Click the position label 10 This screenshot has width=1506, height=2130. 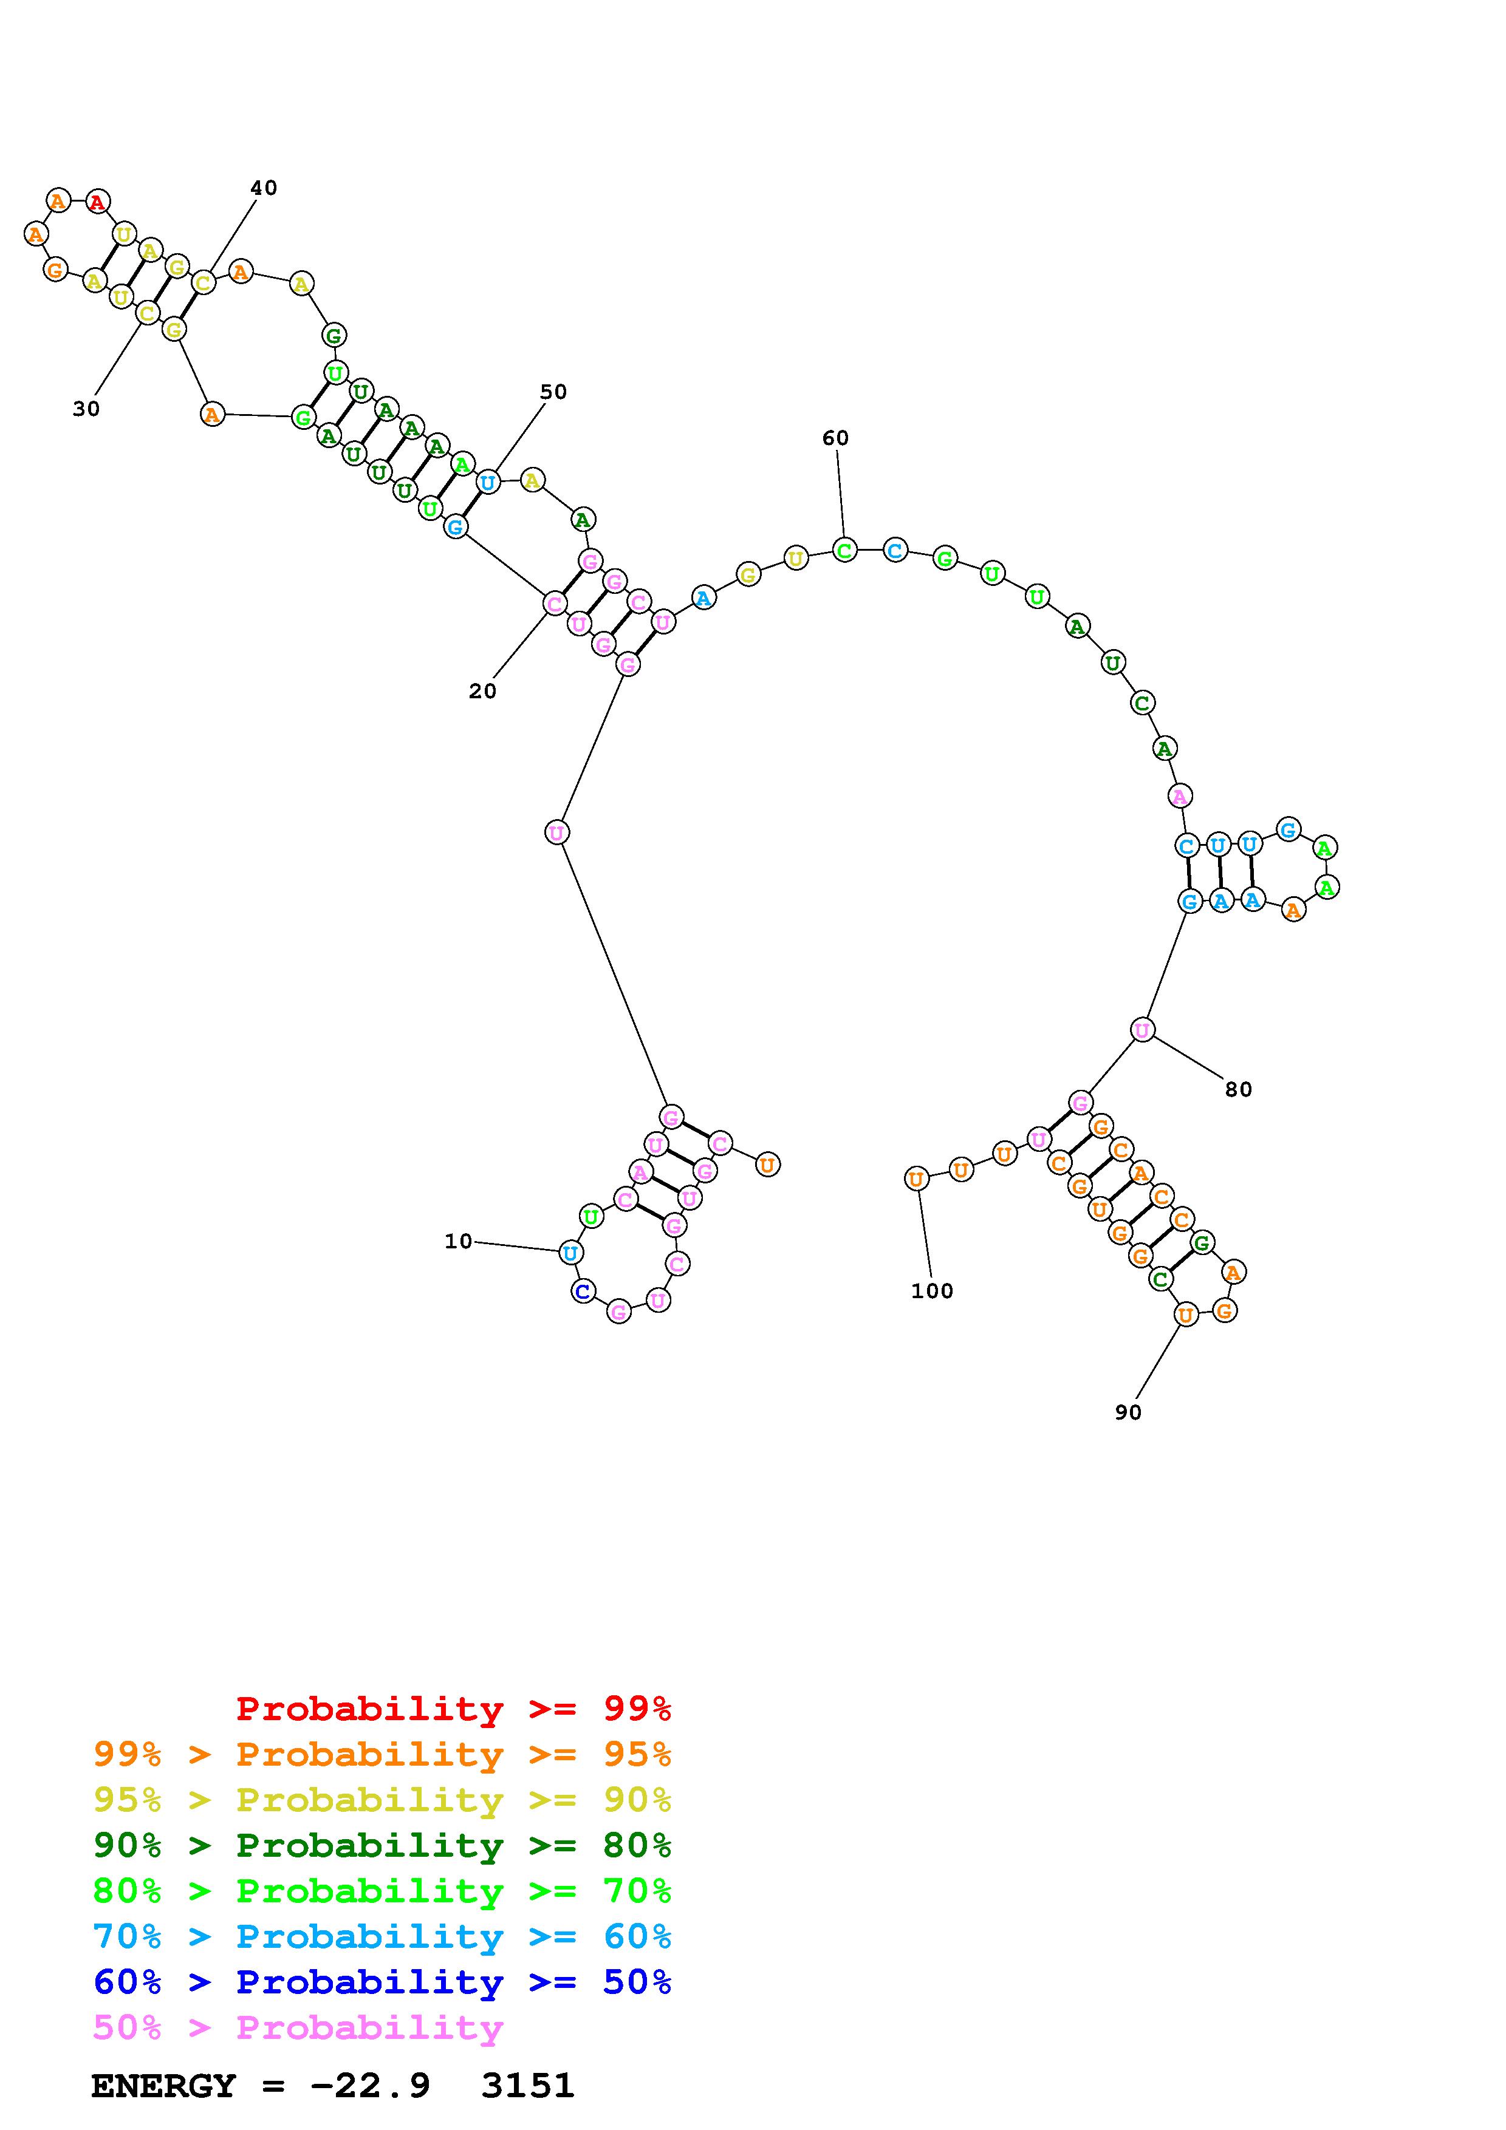[459, 1241]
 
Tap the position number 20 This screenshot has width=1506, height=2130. [482, 691]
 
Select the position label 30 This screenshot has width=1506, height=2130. [86, 409]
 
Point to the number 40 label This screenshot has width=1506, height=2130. [264, 188]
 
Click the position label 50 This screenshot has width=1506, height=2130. [553, 392]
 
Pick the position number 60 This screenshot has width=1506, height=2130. [835, 438]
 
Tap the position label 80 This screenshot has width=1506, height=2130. [1239, 1090]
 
